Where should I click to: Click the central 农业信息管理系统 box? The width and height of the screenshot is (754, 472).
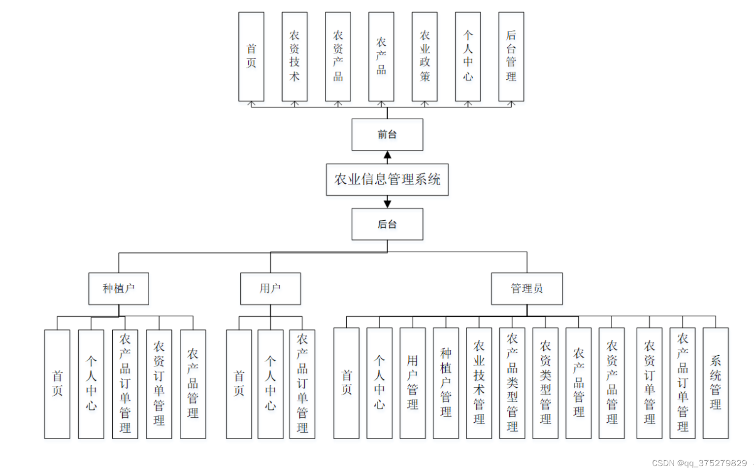387,179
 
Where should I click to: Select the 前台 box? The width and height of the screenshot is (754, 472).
387,135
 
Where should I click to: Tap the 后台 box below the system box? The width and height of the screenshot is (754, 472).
387,224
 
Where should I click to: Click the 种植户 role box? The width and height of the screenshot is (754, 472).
119,288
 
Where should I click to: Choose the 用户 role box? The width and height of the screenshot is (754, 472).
270,288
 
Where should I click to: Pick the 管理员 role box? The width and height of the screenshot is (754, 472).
526,288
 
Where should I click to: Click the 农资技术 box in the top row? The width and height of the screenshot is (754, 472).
295,57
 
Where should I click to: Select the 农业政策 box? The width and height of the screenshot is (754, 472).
425,57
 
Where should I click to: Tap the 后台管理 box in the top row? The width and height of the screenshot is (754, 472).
511,57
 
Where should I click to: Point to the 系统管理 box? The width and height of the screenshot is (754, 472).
716,383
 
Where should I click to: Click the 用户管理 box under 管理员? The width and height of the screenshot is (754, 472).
413,383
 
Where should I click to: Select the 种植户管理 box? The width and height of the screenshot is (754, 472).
446,383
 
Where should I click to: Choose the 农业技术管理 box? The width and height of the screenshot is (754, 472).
479,383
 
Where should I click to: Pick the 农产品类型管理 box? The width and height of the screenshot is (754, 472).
512,383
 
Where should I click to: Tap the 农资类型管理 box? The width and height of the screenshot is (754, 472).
545,383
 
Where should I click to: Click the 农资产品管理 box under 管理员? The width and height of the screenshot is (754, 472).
612,383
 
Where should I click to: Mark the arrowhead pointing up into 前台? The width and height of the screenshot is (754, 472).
388,155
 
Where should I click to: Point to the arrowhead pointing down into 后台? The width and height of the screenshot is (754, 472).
388,203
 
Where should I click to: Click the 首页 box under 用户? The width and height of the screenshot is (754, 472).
239,384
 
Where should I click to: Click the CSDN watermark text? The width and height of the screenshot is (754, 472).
699,463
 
